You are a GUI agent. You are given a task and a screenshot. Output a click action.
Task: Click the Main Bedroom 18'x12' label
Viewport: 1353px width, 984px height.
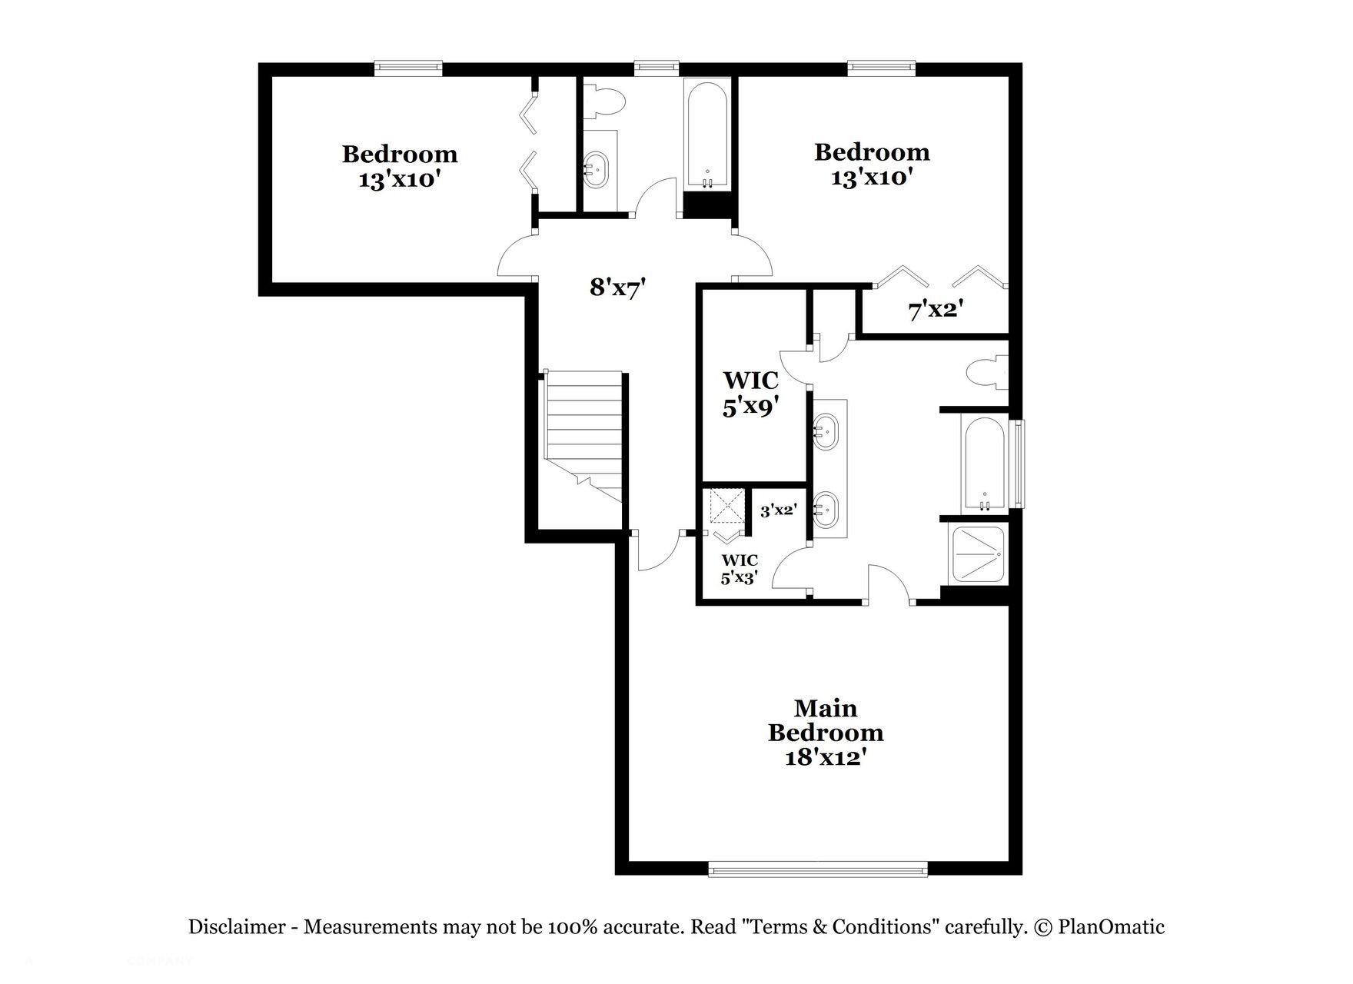click(826, 732)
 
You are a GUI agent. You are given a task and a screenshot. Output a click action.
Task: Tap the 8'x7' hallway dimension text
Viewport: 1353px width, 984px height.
click(617, 288)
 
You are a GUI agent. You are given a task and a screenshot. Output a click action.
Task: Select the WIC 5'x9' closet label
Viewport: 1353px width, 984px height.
click(750, 393)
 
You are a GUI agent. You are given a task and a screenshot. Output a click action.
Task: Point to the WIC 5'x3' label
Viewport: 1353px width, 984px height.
click(739, 569)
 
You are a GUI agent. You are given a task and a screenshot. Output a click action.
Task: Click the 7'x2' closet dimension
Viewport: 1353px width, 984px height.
click(936, 310)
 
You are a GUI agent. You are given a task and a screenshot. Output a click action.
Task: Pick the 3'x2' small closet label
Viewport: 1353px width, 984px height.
click(778, 510)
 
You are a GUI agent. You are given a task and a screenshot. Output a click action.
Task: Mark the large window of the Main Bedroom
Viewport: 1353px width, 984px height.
click(818, 869)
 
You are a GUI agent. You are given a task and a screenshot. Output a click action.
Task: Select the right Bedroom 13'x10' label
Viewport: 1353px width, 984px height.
click(872, 165)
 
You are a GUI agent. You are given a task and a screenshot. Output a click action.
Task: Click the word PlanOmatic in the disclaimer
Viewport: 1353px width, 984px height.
click(1111, 927)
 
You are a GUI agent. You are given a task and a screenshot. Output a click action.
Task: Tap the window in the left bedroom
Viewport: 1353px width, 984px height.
click(409, 68)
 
